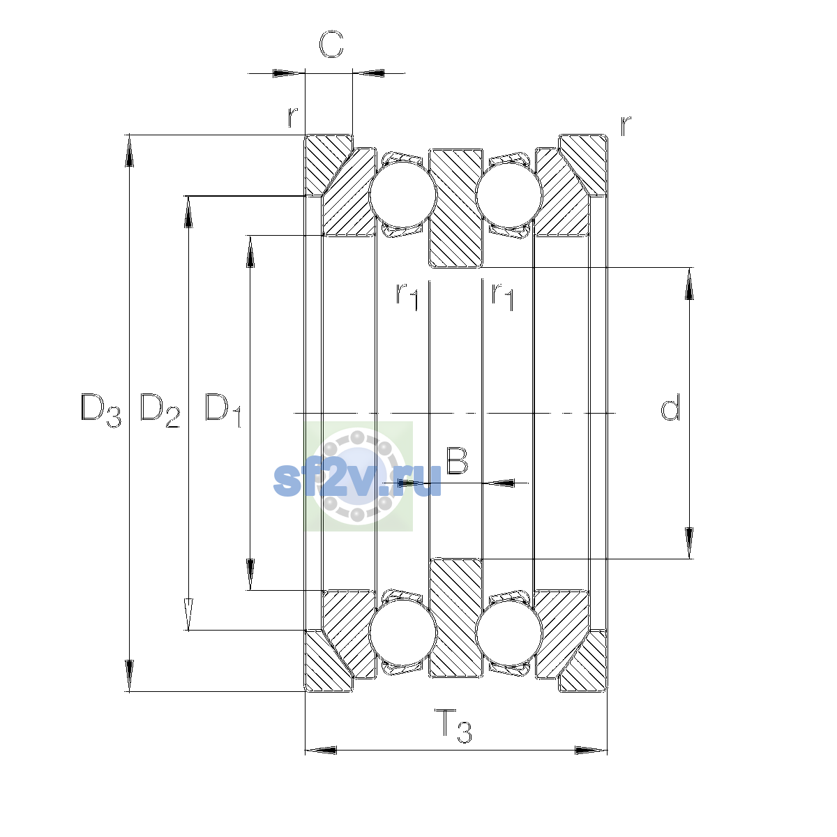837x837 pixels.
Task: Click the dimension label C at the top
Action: pyautogui.click(x=331, y=44)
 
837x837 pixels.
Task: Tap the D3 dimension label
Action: pyautogui.click(x=100, y=410)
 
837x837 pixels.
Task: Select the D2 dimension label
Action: pyautogui.click(x=160, y=410)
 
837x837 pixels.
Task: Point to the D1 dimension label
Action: pyautogui.click(x=223, y=410)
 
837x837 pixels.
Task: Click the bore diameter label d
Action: pyautogui.click(x=670, y=407)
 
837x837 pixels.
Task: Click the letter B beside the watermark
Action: pyautogui.click(x=457, y=460)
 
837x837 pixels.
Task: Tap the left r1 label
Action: pyautogui.click(x=407, y=296)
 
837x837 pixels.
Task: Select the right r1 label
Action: pyautogui.click(x=502, y=296)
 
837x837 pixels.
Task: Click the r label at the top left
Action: pyautogui.click(x=293, y=116)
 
